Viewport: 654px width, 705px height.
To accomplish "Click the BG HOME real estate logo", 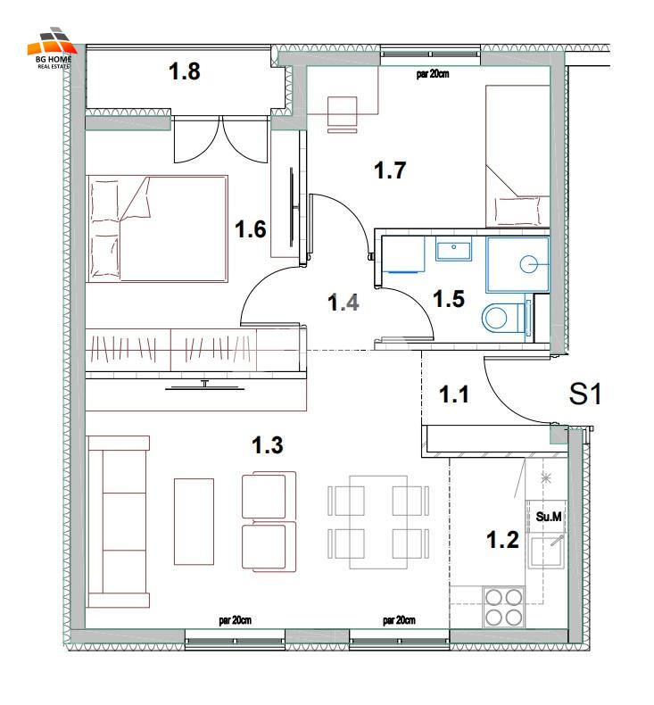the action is (51, 48).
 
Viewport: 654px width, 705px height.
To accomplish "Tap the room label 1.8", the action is (185, 71).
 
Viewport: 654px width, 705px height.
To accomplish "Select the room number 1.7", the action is (390, 170).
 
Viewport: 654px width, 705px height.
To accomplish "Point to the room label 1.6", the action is (251, 229).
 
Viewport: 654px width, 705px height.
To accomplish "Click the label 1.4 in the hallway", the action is (344, 303).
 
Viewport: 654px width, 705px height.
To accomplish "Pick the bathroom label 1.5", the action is (449, 299).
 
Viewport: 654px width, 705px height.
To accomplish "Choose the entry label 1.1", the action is (454, 394).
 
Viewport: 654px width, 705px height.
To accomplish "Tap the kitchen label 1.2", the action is (502, 540).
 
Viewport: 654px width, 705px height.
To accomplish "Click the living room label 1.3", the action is (268, 445).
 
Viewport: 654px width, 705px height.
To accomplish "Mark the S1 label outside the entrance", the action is (584, 394).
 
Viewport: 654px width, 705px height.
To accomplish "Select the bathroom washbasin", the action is (453, 249).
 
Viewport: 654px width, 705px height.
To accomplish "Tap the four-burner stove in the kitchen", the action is (503, 607).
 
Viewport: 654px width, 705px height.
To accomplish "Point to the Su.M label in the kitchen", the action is (549, 516).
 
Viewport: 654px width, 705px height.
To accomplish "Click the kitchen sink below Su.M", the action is (547, 552).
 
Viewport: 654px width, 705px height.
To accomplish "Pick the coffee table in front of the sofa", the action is (194, 521).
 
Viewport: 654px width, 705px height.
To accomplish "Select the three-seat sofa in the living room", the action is (118, 521).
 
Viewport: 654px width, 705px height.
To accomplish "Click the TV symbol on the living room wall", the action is (205, 386).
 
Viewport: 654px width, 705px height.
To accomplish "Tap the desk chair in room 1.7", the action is (343, 114).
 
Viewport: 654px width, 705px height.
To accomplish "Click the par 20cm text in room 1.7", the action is (433, 74).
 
